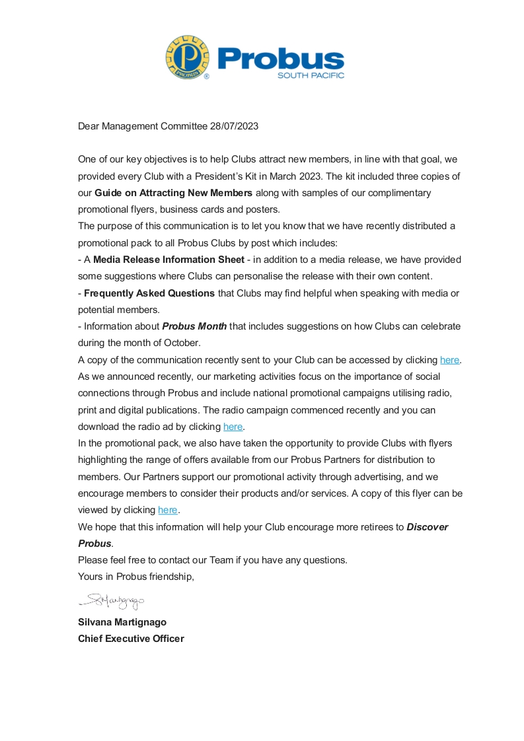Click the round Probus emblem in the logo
[x=188, y=57]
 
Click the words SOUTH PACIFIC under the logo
[x=311, y=75]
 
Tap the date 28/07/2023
[x=234, y=126]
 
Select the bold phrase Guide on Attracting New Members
[x=173, y=193]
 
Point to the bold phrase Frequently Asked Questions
[x=149, y=293]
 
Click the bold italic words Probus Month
[x=194, y=326]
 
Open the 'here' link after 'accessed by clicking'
[x=449, y=360]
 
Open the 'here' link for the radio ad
[x=233, y=427]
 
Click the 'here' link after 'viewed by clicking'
[x=168, y=510]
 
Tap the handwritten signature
[x=111, y=601]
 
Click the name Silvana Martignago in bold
[x=122, y=622]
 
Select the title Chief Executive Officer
[x=131, y=639]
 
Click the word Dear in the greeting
[x=89, y=126]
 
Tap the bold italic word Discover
[x=427, y=527]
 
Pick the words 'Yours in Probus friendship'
[x=135, y=577]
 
